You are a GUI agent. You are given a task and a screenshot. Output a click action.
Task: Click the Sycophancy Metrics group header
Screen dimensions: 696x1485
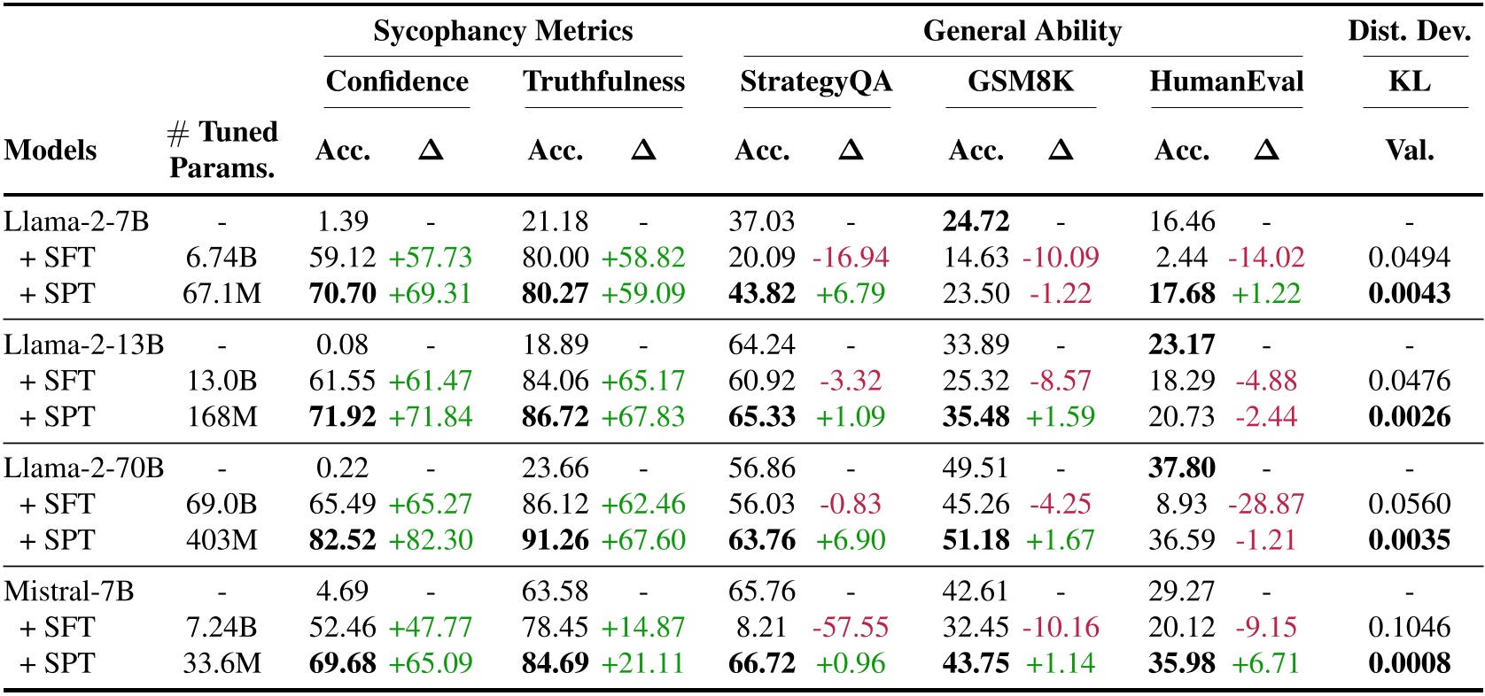[x=502, y=32]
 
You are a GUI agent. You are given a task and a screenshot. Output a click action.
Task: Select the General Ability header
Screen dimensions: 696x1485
[x=1022, y=32]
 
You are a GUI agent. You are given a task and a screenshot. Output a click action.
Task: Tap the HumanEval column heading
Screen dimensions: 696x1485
[x=1226, y=81]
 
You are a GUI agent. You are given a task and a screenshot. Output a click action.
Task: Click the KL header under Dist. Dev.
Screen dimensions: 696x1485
[x=1409, y=81]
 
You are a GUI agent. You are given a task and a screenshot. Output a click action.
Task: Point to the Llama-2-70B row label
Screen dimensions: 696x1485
[x=84, y=468]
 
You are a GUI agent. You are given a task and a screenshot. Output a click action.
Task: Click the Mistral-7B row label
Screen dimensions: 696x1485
[x=69, y=591]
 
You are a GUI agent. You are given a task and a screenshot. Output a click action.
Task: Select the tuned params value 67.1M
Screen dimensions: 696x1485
[x=222, y=294]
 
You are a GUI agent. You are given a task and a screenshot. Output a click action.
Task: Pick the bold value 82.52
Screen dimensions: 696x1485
[x=342, y=540]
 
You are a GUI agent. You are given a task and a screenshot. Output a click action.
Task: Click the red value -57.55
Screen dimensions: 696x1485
[x=850, y=627]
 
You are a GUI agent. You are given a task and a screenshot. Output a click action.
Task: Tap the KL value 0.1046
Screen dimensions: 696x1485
[x=1409, y=627]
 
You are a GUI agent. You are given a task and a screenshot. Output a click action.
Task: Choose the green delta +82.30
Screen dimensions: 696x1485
[x=431, y=540]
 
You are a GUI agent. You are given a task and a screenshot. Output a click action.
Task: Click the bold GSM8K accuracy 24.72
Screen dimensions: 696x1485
[x=976, y=220]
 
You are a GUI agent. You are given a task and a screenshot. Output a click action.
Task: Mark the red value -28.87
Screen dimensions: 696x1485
[x=1266, y=504]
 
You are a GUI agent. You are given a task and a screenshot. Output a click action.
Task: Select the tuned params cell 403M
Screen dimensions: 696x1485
[x=222, y=540]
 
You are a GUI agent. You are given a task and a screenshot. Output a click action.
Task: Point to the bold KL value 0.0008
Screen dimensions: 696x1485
[x=1409, y=663]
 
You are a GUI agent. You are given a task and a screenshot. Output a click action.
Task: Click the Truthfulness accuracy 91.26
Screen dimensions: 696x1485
[x=555, y=540]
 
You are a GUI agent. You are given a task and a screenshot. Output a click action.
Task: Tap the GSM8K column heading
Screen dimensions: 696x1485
[x=1020, y=81]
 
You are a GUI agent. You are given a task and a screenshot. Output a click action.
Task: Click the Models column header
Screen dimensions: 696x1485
[x=51, y=151]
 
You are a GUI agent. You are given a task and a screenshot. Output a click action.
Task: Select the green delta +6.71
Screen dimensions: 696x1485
[x=1266, y=663]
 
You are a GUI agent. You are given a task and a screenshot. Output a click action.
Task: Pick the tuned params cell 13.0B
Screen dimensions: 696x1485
[x=222, y=381]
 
